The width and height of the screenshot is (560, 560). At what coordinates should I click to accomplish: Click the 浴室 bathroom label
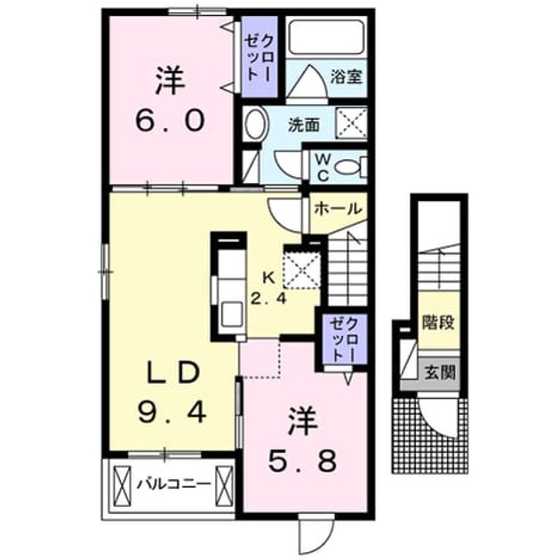click(x=346, y=77)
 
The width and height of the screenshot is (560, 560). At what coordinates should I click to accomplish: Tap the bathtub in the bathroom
click(x=325, y=37)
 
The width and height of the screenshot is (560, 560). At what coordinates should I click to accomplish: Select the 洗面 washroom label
click(x=304, y=125)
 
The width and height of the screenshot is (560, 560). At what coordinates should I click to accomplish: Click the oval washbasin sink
click(x=254, y=124)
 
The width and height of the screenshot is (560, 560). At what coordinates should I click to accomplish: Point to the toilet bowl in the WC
click(x=349, y=167)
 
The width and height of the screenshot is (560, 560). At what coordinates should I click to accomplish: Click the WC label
click(x=323, y=167)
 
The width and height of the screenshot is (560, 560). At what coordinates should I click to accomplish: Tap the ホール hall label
click(x=338, y=209)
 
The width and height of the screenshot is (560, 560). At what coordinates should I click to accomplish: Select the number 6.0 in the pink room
click(x=170, y=121)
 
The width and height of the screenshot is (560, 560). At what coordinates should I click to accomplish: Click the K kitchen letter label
click(x=268, y=277)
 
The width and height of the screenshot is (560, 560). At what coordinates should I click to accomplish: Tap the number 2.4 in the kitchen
click(x=268, y=298)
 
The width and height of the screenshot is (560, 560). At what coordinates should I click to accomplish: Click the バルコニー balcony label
click(x=174, y=484)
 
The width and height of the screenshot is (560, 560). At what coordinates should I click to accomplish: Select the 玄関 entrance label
click(x=439, y=372)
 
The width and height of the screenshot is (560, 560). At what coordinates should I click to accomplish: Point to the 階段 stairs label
click(x=438, y=323)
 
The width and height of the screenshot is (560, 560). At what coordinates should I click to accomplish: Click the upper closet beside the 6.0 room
click(x=259, y=57)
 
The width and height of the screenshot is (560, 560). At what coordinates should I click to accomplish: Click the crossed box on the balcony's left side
click(x=123, y=484)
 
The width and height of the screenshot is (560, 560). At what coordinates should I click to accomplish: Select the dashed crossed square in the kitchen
click(x=302, y=267)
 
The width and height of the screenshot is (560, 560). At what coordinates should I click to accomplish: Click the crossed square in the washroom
click(x=352, y=123)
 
